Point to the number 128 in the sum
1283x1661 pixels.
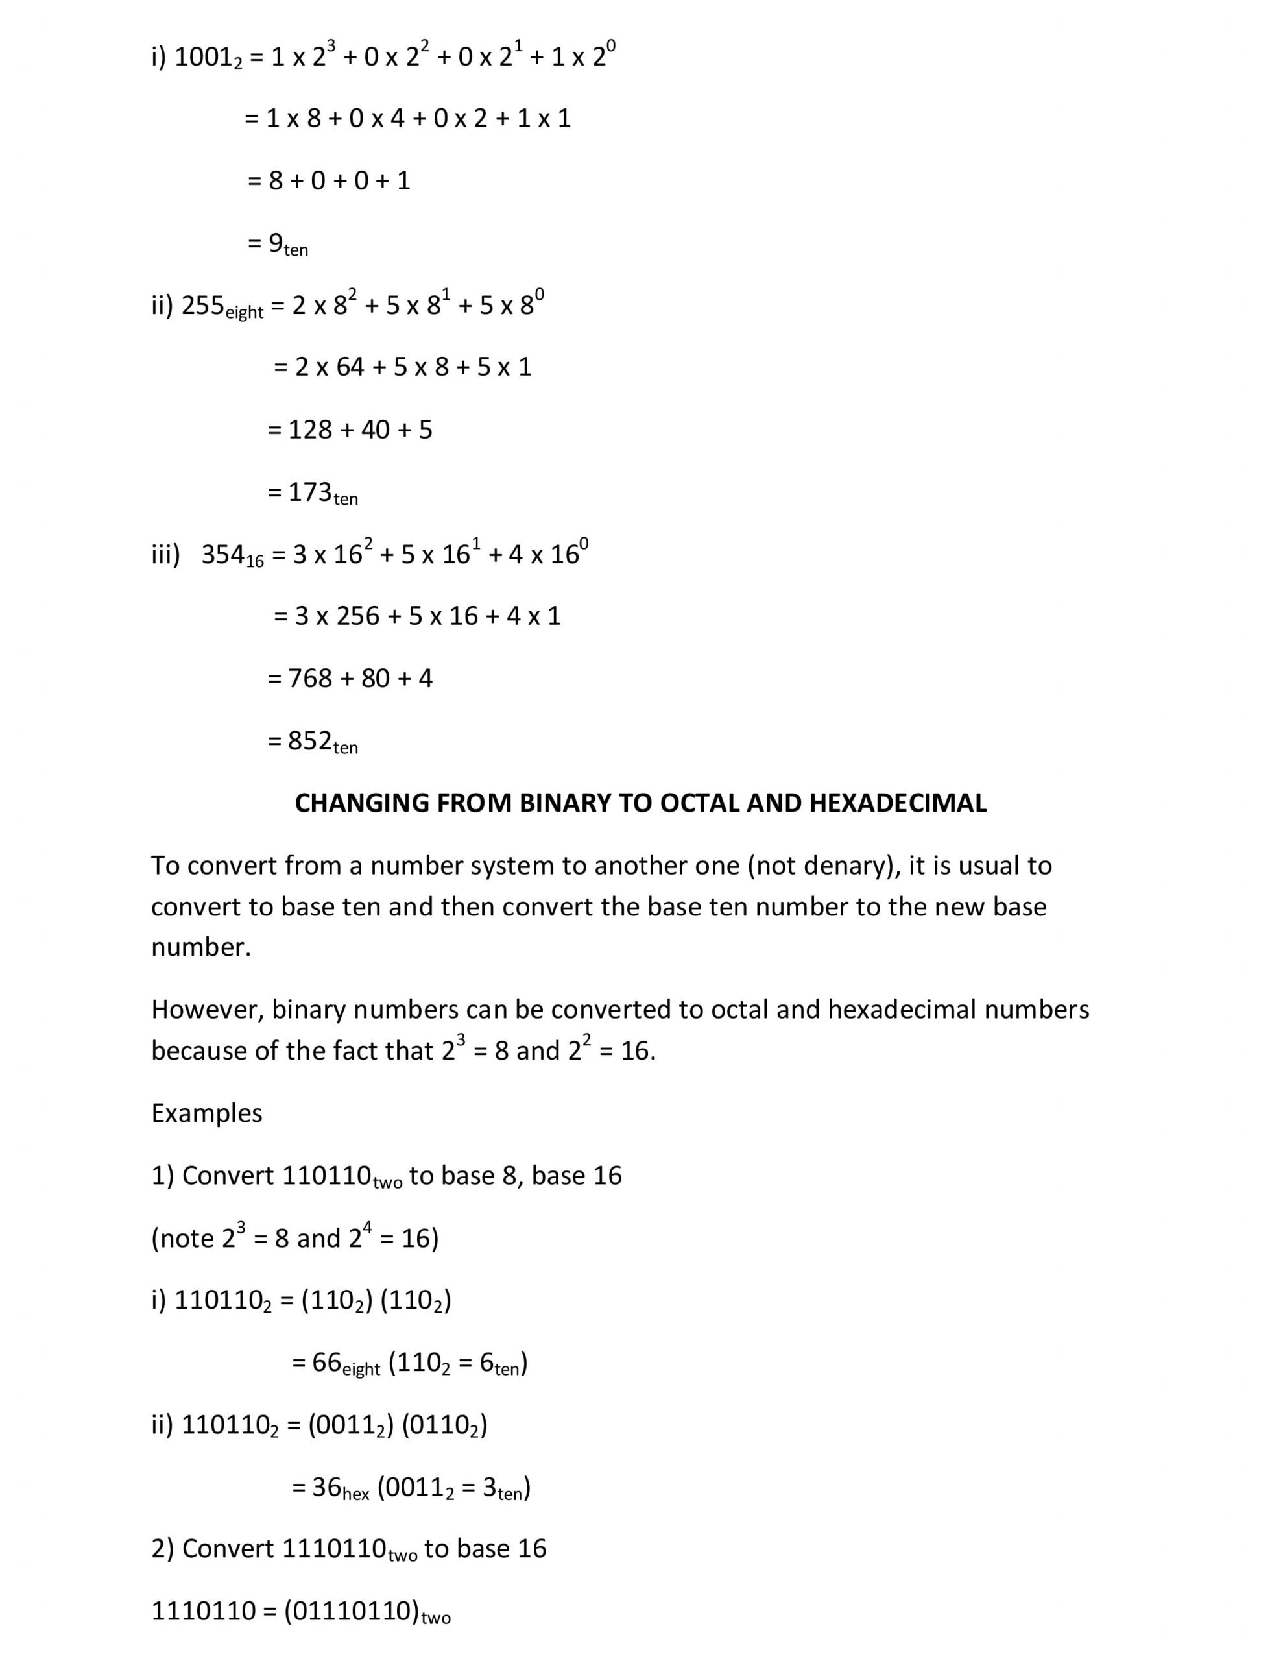310,430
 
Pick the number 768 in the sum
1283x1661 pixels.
310,679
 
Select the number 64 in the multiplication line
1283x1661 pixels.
350,368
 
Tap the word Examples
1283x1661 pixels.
206,1113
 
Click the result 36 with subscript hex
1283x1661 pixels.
339,1488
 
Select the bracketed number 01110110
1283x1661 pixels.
353,1612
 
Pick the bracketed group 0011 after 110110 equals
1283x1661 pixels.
350,1426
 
